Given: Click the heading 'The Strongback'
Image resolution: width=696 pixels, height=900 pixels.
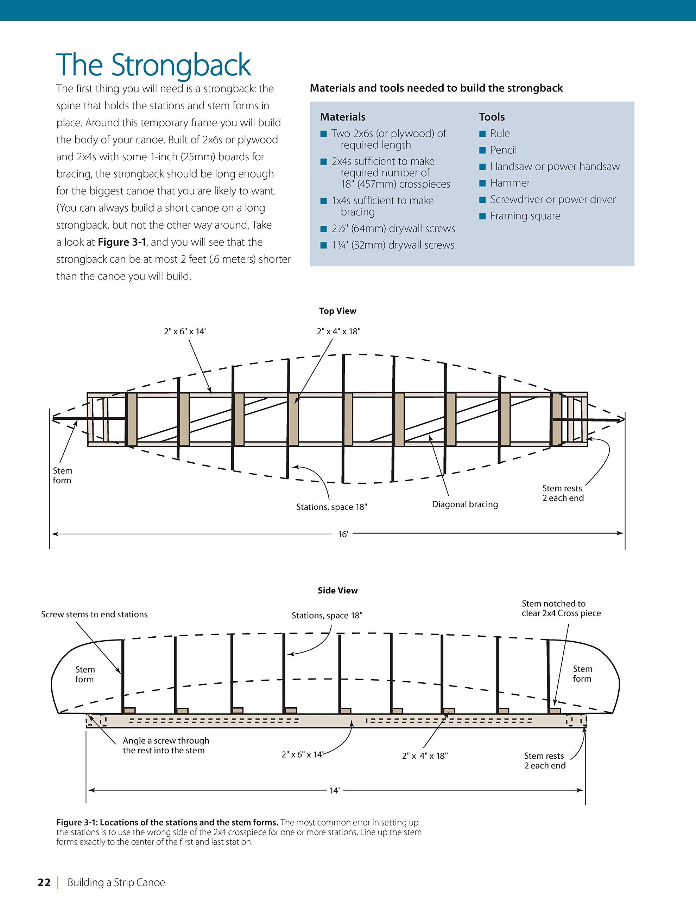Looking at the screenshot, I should pyautogui.click(x=153, y=65).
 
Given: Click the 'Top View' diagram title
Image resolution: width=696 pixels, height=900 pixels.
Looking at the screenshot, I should pyautogui.click(x=337, y=311).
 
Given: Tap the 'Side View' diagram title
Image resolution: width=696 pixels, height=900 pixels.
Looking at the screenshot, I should pyautogui.click(x=337, y=591).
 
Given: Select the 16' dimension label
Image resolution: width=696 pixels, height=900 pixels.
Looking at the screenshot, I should pyautogui.click(x=343, y=534).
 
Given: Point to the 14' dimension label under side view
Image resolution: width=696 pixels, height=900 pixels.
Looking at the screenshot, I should pyautogui.click(x=334, y=790).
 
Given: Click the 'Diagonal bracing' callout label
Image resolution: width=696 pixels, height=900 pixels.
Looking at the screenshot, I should pyautogui.click(x=465, y=504).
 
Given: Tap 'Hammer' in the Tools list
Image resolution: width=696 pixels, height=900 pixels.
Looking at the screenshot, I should pyautogui.click(x=510, y=183).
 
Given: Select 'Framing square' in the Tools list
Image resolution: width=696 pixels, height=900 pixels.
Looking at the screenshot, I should pyautogui.click(x=525, y=216).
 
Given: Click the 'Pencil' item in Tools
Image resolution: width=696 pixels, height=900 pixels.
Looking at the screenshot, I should pyautogui.click(x=503, y=150).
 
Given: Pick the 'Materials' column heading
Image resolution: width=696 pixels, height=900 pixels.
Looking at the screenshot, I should pyautogui.click(x=343, y=117).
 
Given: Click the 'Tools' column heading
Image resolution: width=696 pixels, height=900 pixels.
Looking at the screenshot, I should pyautogui.click(x=492, y=117).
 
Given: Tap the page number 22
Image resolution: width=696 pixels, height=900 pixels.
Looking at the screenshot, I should pyautogui.click(x=44, y=882).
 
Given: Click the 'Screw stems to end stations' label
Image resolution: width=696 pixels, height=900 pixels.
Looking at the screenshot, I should pyautogui.click(x=94, y=615).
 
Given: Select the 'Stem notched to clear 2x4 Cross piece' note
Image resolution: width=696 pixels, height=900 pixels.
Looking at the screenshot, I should pyautogui.click(x=561, y=608).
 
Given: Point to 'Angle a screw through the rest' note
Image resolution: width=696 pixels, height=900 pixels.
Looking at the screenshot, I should pyautogui.click(x=166, y=745).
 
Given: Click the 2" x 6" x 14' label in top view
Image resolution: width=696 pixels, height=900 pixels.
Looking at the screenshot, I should pyautogui.click(x=184, y=331).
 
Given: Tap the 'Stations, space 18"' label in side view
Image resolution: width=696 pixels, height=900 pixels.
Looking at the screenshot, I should pyautogui.click(x=327, y=616).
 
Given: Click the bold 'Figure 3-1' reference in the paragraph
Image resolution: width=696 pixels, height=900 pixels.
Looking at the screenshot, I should pyautogui.click(x=122, y=242).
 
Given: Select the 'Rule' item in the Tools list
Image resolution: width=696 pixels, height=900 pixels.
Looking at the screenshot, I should pyautogui.click(x=500, y=134).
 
